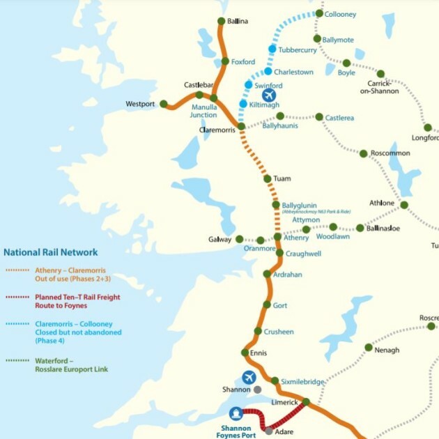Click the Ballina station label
[x=238, y=22]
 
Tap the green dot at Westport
[x=164, y=104]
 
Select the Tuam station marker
[x=267, y=179]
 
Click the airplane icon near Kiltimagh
[x=268, y=95]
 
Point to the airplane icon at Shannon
[x=249, y=377]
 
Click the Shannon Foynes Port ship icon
[x=237, y=414]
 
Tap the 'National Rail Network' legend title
[x=51, y=252]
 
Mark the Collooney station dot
[x=319, y=13]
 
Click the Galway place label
[x=219, y=240]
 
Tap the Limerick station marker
[x=305, y=401]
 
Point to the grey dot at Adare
[x=269, y=431]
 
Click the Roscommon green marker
[x=363, y=153]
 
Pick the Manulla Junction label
[x=203, y=111]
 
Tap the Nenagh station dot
[x=369, y=347]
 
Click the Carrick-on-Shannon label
[x=379, y=87]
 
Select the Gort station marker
[x=266, y=305]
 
